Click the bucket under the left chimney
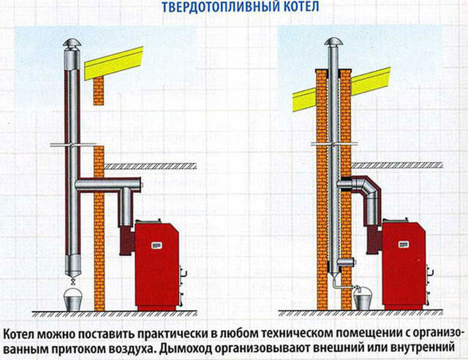(x=73, y=299)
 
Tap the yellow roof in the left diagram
(x=114, y=63)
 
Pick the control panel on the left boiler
(x=156, y=245)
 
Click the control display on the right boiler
(x=403, y=244)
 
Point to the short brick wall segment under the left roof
(x=99, y=91)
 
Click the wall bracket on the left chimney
(x=72, y=145)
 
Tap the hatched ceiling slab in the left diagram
(x=150, y=166)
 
